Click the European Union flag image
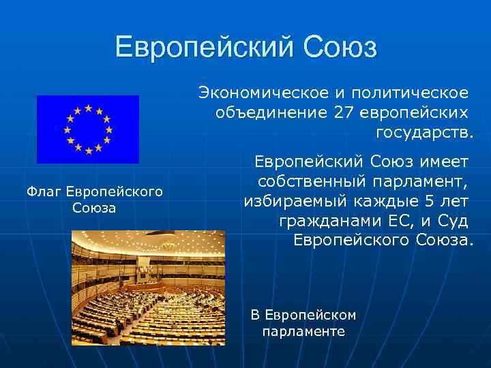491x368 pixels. (x=87, y=129)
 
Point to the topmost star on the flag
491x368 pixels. (x=87, y=108)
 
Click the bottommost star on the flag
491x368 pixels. (x=87, y=149)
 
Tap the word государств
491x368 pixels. (x=423, y=130)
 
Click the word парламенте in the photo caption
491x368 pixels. (x=303, y=332)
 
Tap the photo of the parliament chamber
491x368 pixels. (x=148, y=287)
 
